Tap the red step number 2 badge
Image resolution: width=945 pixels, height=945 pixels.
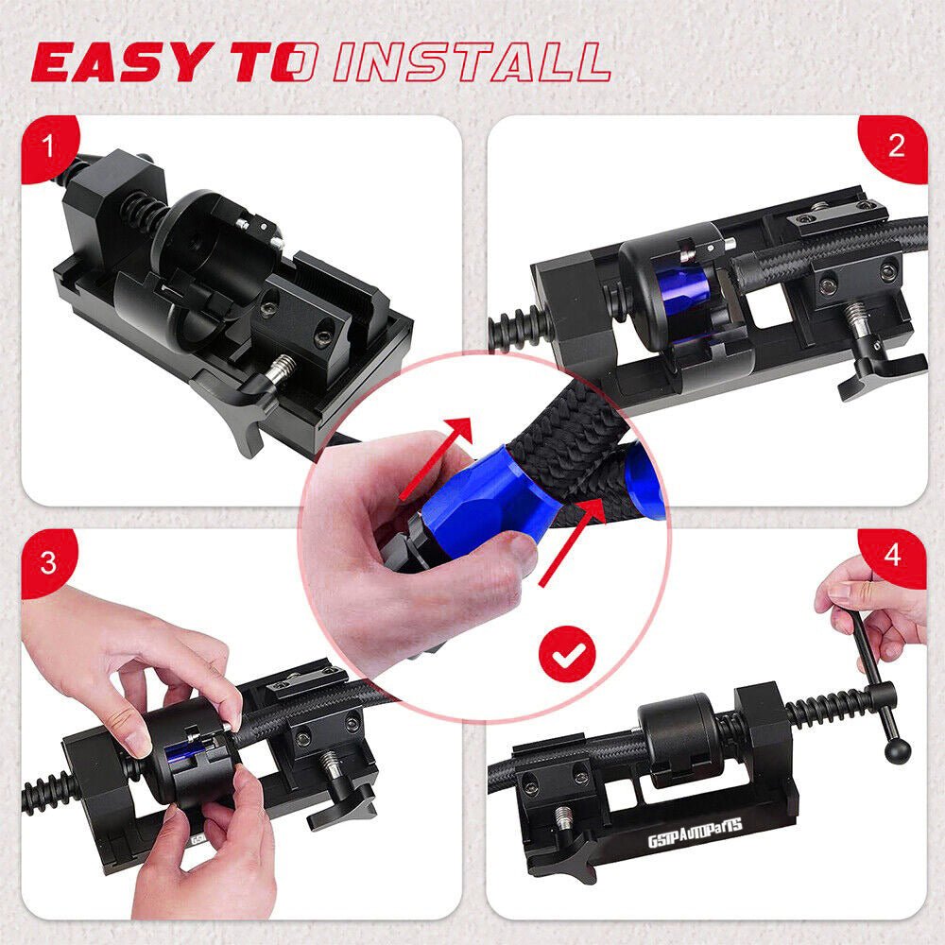[894, 147]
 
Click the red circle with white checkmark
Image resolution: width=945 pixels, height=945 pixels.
[567, 654]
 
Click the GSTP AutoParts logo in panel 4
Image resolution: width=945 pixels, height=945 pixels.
[695, 832]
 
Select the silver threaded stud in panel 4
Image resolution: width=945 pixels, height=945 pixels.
[563, 819]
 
